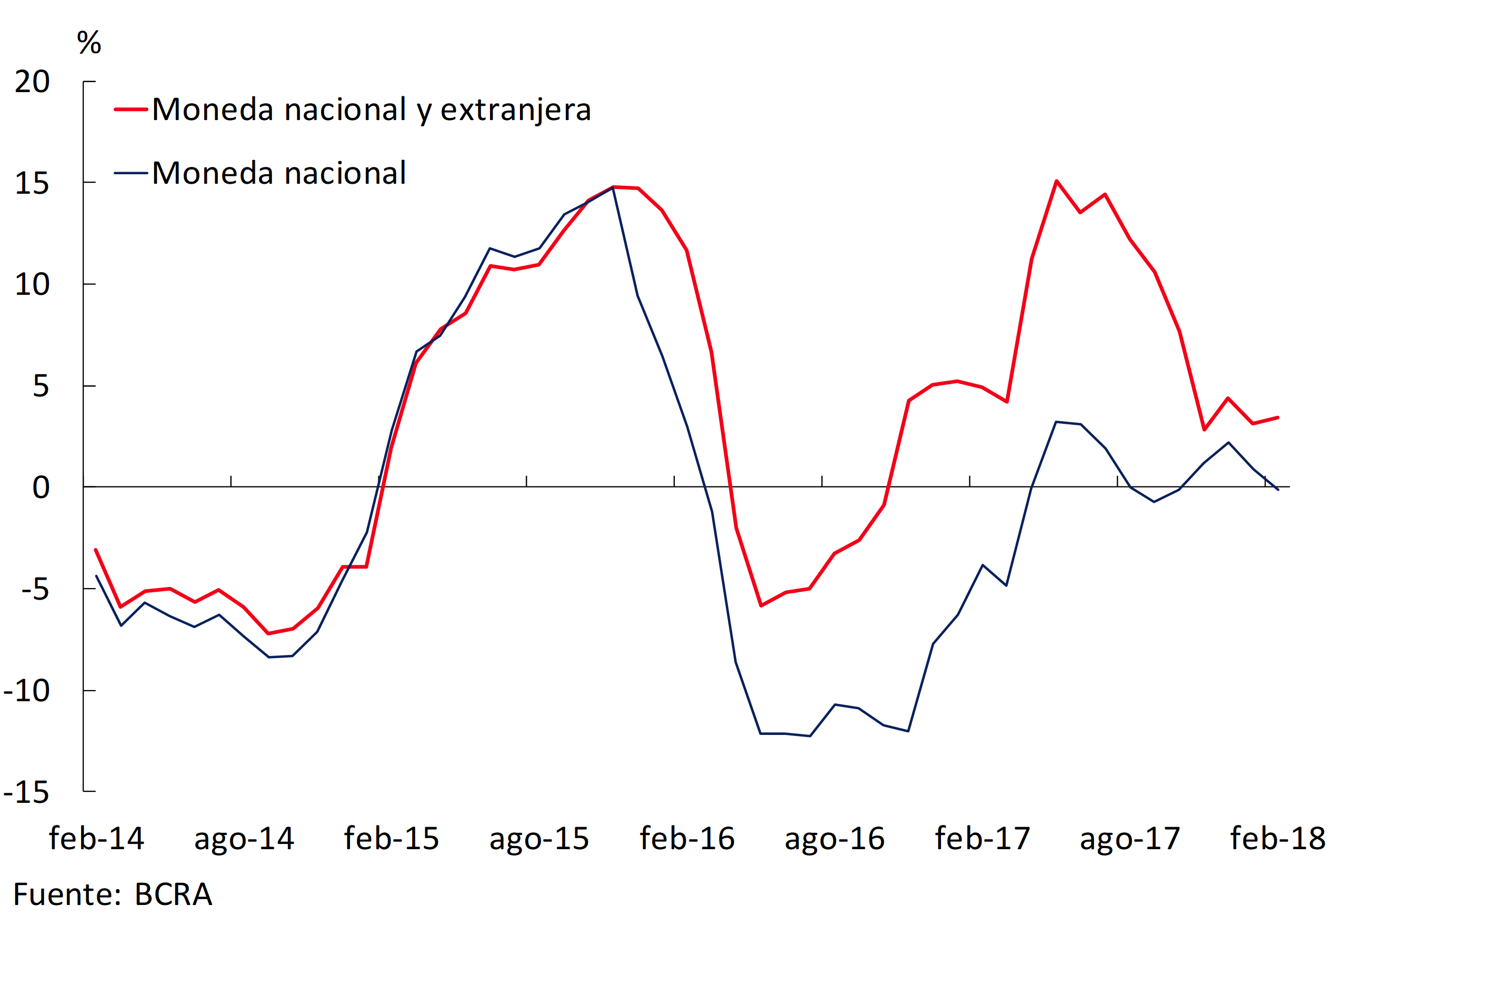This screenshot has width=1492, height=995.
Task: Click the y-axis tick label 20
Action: [x=32, y=82]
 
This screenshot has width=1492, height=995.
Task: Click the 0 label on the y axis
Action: [x=41, y=487]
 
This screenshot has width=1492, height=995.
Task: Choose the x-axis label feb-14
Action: [x=96, y=838]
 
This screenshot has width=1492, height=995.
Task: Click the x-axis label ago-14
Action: [x=244, y=838]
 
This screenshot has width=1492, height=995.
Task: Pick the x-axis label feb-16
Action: [x=687, y=838]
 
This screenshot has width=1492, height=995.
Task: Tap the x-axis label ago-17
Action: [x=1130, y=838]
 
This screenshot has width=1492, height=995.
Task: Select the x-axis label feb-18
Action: [x=1278, y=838]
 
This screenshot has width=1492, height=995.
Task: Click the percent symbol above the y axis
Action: [x=89, y=43]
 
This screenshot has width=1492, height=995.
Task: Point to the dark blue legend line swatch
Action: [x=131, y=173]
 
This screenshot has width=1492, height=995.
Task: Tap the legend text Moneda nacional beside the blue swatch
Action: [x=279, y=173]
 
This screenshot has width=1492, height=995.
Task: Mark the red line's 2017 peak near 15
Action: [x=1056, y=182]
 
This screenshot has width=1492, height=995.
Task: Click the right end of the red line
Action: [x=1278, y=417]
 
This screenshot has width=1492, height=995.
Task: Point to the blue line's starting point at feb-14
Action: [x=96, y=576]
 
